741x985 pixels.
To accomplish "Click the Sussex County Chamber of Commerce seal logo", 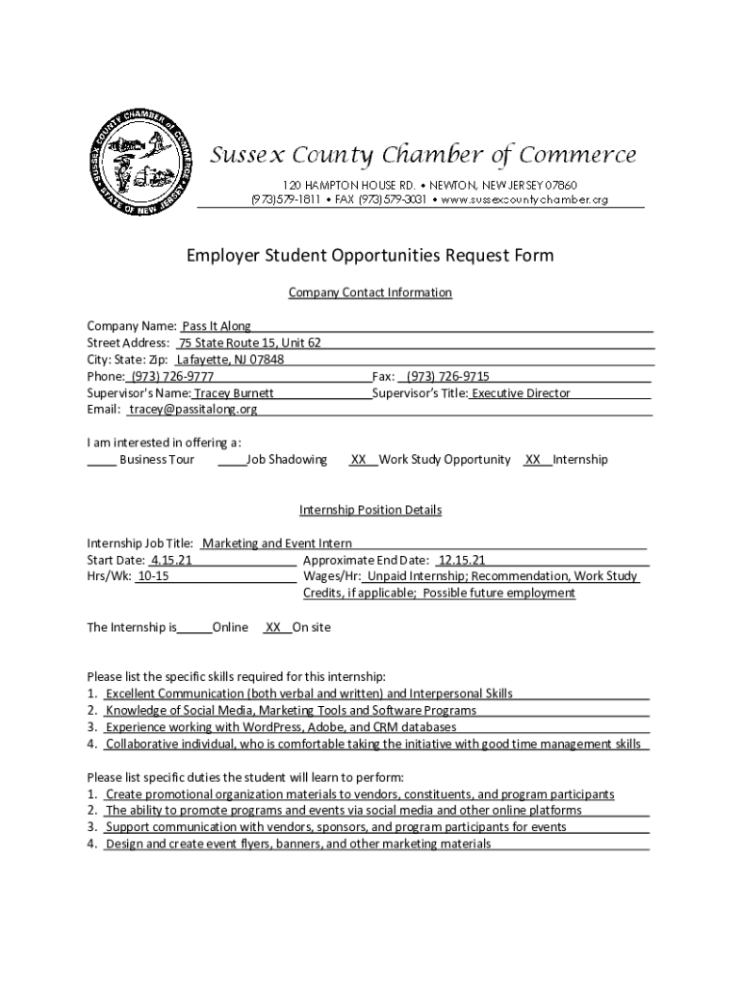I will coord(137,160).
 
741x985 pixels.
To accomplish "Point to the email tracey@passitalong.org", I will coord(193,410).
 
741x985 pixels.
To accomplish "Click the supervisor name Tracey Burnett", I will coord(234,393).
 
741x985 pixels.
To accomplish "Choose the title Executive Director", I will coord(521,393).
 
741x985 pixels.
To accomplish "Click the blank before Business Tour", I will coord(102,460).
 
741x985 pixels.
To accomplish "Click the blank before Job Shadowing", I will coord(231,460).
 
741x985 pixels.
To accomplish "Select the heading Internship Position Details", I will coord(370,510).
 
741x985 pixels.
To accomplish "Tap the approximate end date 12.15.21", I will coord(461,560).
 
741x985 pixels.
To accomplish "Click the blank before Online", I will coord(194,627).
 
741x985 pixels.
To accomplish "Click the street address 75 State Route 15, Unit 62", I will coord(250,343).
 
